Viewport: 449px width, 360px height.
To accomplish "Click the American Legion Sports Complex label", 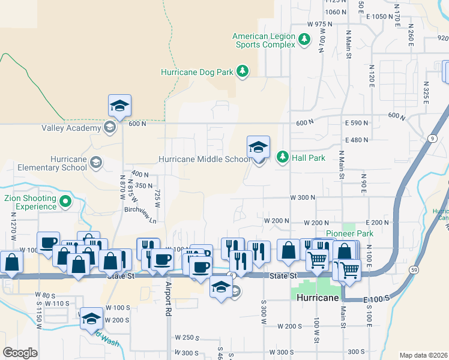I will (264, 40).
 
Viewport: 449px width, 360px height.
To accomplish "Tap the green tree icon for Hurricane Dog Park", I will (243, 72).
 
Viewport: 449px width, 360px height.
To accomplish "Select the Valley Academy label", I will (71, 128).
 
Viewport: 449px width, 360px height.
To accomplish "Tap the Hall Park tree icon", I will (282, 157).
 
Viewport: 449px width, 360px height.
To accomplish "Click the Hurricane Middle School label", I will (203, 160).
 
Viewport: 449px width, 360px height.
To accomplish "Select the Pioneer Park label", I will (349, 233).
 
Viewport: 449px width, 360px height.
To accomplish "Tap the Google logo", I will (20, 352).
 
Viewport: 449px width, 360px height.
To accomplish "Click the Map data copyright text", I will (423, 355).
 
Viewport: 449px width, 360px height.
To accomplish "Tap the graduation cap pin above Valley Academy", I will (119, 106).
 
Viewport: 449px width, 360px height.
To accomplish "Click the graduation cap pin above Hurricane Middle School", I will (258, 147).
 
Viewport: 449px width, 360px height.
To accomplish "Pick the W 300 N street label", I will (303, 197).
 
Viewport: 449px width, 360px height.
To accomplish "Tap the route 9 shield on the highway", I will (432, 139).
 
